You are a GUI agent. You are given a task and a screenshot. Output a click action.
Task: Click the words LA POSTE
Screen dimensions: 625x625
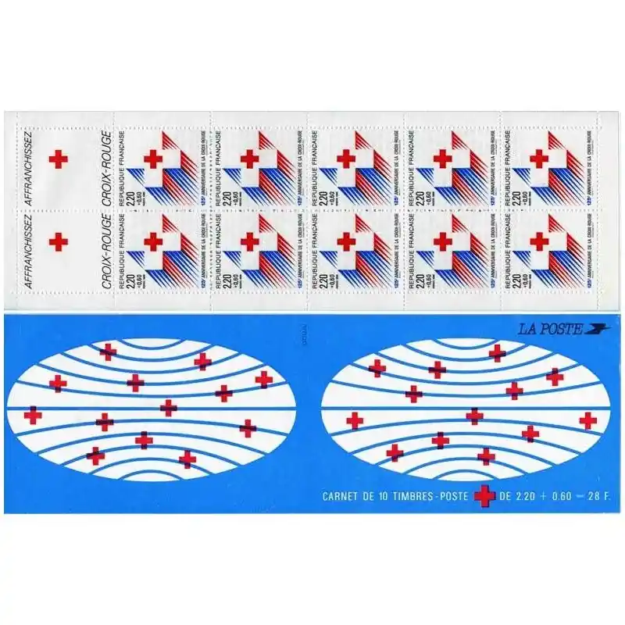coord(550,329)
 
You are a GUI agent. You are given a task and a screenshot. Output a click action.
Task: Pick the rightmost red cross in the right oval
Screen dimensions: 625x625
coord(588,420)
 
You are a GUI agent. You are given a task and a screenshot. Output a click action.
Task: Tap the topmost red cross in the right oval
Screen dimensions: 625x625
coord(497,353)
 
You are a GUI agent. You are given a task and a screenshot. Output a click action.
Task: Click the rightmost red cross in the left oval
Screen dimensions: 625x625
coord(263,379)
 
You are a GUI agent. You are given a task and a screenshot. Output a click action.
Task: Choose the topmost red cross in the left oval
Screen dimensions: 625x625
coord(107,352)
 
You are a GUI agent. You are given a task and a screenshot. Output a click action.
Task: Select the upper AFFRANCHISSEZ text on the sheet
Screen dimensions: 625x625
coord(30,160)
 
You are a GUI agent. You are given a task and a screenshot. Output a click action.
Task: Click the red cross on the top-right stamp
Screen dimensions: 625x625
coord(538,157)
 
